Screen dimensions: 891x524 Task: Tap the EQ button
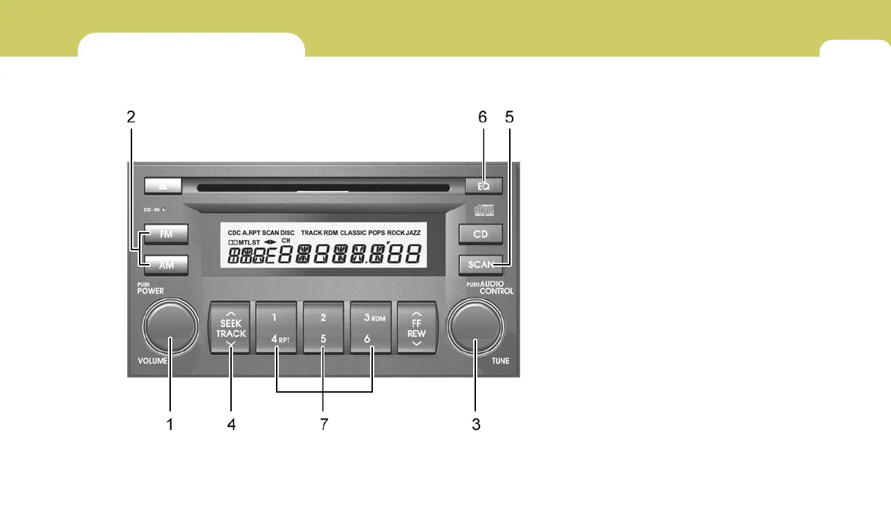(484, 185)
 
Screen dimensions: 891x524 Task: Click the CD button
(481, 234)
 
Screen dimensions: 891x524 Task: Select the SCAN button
(481, 264)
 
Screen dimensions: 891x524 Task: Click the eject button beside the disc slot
(163, 185)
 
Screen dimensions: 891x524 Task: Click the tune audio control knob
(475, 326)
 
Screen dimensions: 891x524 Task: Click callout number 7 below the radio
(323, 424)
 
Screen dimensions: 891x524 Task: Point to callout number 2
(131, 118)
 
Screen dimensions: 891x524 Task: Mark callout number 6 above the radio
(483, 118)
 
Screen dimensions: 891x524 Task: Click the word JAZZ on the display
(414, 233)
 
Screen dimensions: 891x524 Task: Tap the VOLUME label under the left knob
(152, 361)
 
